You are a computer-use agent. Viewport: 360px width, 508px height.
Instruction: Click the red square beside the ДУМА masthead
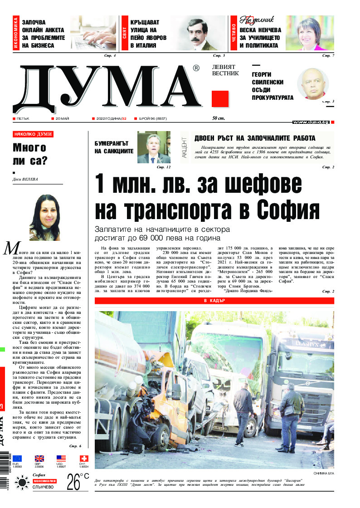(220, 99)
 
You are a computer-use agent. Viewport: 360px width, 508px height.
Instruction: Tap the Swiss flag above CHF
(84, 459)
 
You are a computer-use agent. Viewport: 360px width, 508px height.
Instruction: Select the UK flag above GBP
(39, 459)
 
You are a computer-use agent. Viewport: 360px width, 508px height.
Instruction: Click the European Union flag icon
(17, 459)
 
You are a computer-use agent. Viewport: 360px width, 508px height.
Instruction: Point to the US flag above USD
(61, 459)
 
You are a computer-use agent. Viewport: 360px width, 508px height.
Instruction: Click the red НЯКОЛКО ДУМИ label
(33, 134)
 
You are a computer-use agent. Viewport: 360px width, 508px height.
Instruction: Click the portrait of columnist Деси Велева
(44, 217)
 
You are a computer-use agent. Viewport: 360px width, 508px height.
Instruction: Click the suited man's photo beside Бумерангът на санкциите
(154, 147)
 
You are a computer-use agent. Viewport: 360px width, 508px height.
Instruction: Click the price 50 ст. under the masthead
(219, 118)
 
